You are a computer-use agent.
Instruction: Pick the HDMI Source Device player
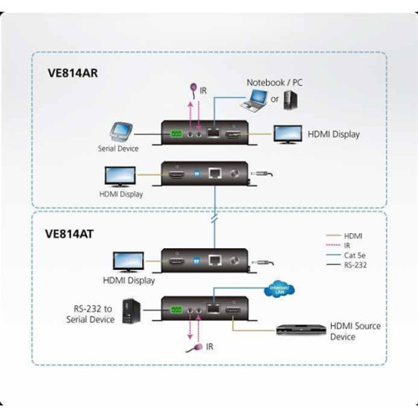[x=319, y=320]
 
